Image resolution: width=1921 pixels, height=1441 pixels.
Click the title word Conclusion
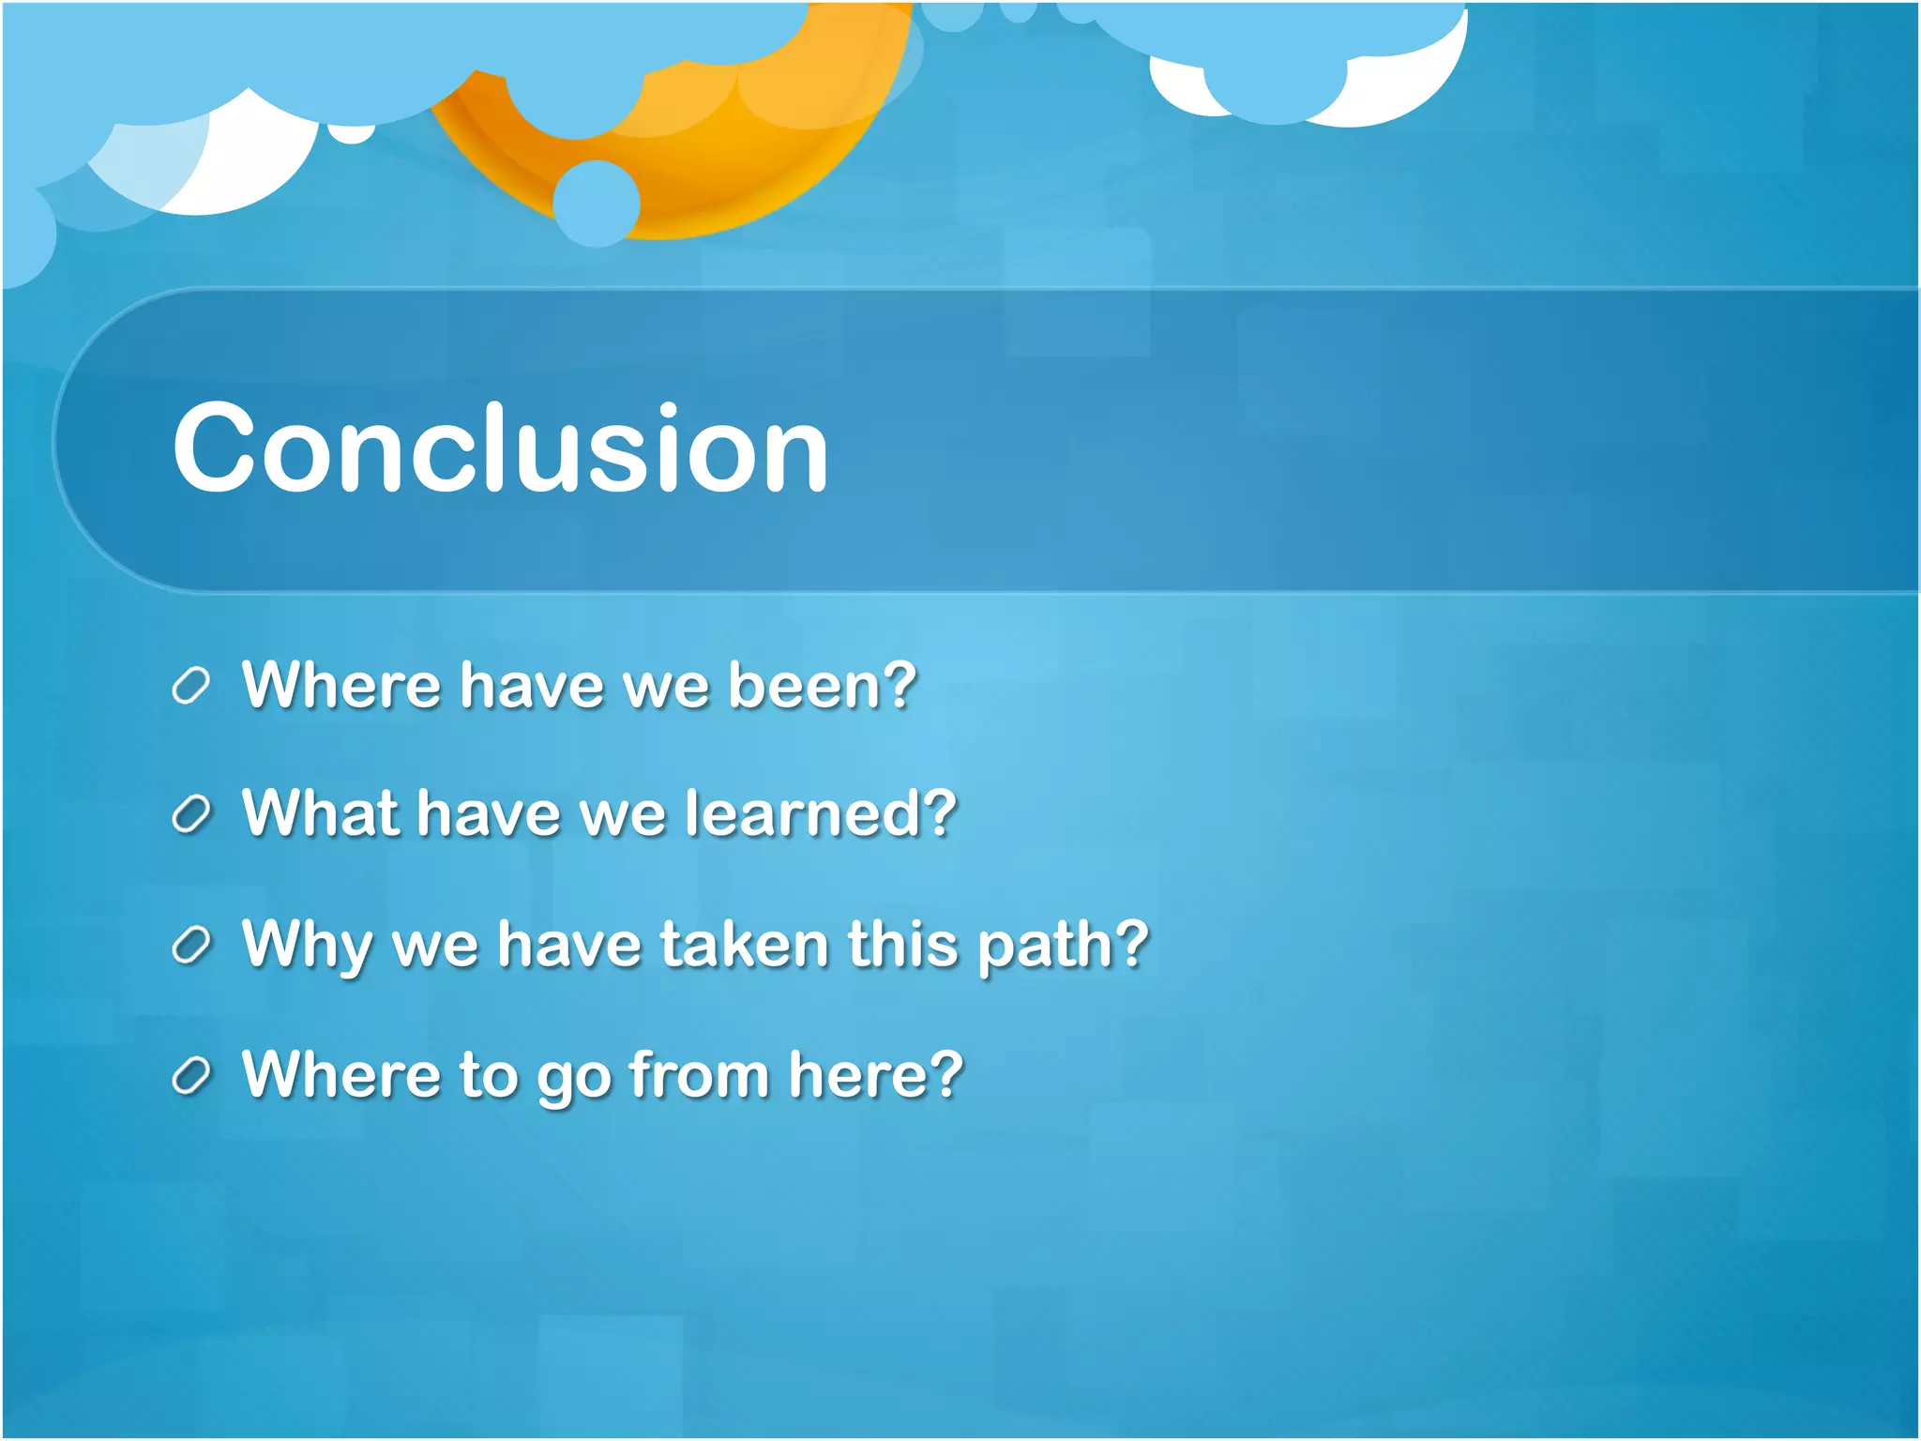tap(500, 447)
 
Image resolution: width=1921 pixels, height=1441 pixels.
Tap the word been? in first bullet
tap(823, 685)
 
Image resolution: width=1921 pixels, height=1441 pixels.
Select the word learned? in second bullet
tap(821, 813)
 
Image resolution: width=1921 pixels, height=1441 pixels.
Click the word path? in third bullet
tap(1063, 945)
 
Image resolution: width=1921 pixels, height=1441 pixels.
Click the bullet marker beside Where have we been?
tap(190, 687)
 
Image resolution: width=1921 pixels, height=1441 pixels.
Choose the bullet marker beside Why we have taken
tap(190, 947)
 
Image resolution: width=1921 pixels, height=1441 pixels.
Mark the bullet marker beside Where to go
tap(190, 1077)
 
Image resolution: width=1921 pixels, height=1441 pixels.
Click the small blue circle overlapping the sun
tap(597, 203)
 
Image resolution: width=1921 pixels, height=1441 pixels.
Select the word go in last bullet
tap(573, 1077)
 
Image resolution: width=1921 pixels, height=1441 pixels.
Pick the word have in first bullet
tap(532, 685)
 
